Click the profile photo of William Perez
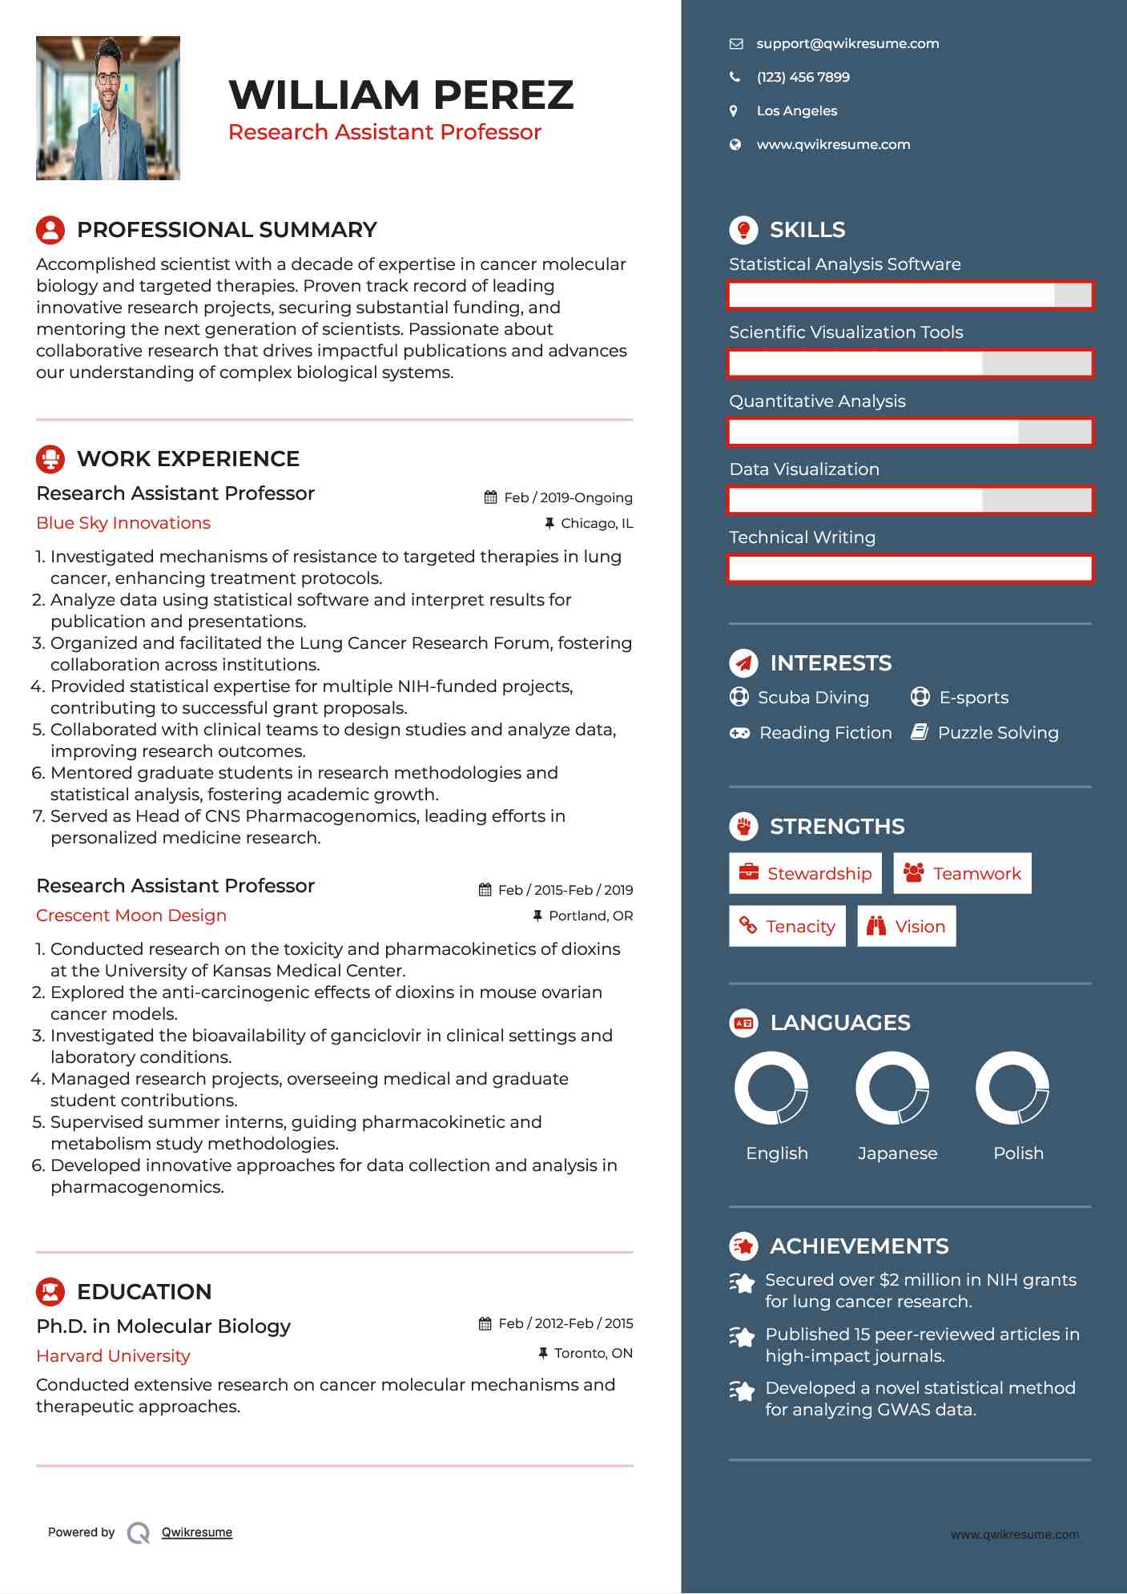click(108, 108)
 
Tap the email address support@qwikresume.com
click(847, 44)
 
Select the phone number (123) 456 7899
click(803, 78)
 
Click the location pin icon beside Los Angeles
click(734, 111)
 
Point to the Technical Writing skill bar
click(910, 569)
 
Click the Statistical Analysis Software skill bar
click(910, 296)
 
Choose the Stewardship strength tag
click(805, 874)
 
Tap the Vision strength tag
click(907, 927)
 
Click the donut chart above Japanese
click(892, 1089)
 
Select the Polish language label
click(1018, 1153)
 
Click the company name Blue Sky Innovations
click(123, 523)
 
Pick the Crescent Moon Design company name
click(131, 916)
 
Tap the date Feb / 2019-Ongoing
click(567, 497)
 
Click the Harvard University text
click(113, 1356)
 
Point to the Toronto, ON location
click(593, 1354)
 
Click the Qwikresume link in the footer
click(197, 1532)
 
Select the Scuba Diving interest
click(812, 698)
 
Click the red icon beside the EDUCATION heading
click(50, 1292)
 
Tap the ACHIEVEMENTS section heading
click(859, 1246)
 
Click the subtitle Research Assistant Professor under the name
click(384, 132)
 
